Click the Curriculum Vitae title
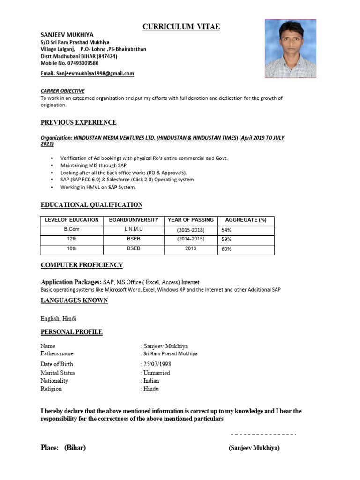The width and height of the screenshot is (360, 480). point(181,27)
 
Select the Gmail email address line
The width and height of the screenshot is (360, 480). point(87,74)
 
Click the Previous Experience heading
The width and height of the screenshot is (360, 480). point(78,123)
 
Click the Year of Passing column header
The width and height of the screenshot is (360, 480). point(190,220)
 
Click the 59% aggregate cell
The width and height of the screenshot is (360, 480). point(226,240)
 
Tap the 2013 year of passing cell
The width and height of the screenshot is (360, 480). point(190,249)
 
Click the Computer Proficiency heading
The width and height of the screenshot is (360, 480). point(82,265)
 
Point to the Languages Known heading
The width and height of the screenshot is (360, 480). point(74,300)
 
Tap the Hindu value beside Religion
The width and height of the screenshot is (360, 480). point(151,389)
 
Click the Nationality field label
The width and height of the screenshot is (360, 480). point(54,381)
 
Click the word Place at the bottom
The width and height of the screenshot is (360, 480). point(49,448)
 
